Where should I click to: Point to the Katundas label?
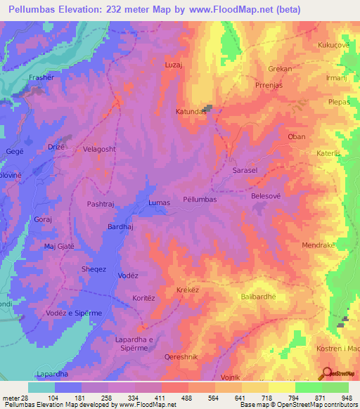190,112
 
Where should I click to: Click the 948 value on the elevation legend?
345,398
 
